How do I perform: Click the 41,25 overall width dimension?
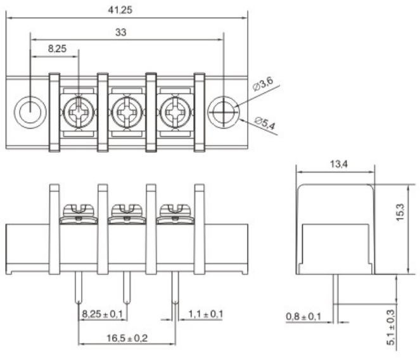click(x=127, y=10)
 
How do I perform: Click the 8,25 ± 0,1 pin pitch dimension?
click(x=102, y=314)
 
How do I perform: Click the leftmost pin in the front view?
click(x=78, y=290)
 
